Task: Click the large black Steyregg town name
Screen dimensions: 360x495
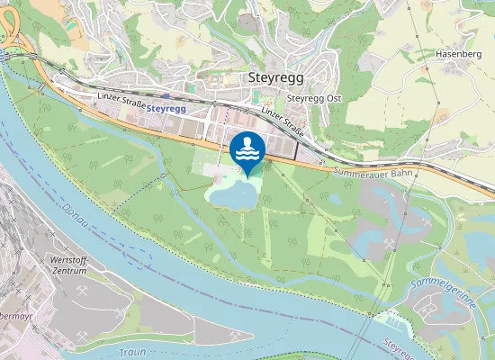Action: tap(275, 78)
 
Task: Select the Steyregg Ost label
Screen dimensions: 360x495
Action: tap(315, 98)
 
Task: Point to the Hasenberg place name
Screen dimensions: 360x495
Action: tap(455, 54)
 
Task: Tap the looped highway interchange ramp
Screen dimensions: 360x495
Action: tap(11, 40)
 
